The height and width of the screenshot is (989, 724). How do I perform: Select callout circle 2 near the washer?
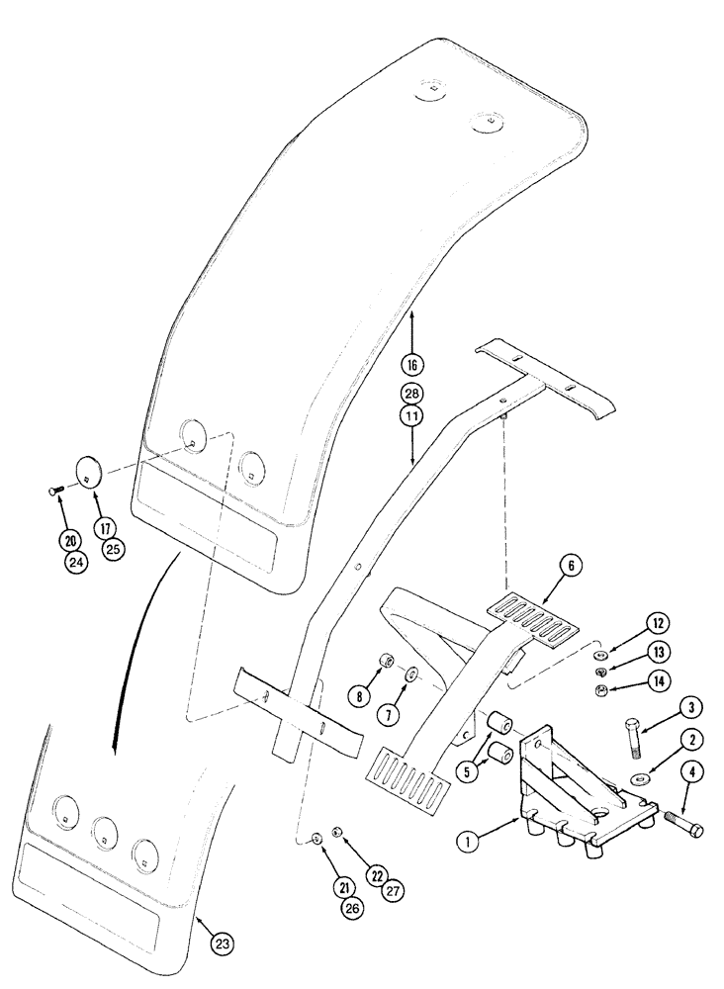coord(670,739)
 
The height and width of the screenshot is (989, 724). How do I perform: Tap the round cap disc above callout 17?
coord(90,472)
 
